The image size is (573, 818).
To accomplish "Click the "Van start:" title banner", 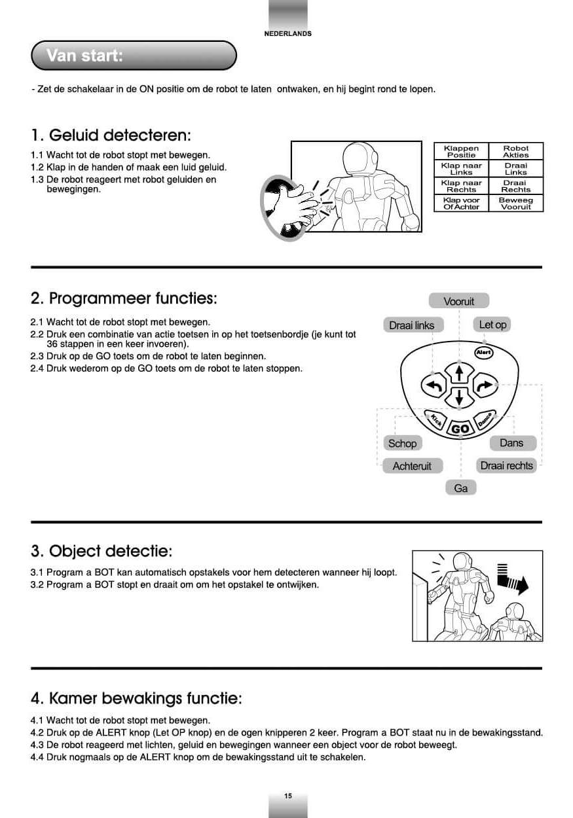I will [x=134, y=56].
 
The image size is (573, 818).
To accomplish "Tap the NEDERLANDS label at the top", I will [x=287, y=33].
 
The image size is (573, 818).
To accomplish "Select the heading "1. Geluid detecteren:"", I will [x=111, y=135].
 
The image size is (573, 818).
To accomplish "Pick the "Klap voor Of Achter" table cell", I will [x=461, y=204].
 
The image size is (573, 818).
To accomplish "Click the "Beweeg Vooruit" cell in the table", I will [x=515, y=204].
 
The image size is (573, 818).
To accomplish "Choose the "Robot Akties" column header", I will [x=515, y=151].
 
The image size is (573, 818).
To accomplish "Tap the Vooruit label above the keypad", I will [x=458, y=301].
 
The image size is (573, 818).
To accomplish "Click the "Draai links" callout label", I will [x=411, y=325].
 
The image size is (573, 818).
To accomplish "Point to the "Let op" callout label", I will [x=492, y=325].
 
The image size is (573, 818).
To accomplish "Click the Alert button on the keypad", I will [x=483, y=353].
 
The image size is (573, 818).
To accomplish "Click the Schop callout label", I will [x=402, y=443].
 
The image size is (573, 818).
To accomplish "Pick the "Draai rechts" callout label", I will [x=506, y=465].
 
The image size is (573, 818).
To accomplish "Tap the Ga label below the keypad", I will [x=460, y=488].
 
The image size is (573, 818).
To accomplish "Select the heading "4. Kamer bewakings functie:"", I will [x=136, y=698].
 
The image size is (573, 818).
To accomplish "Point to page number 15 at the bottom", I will [x=288, y=796].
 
